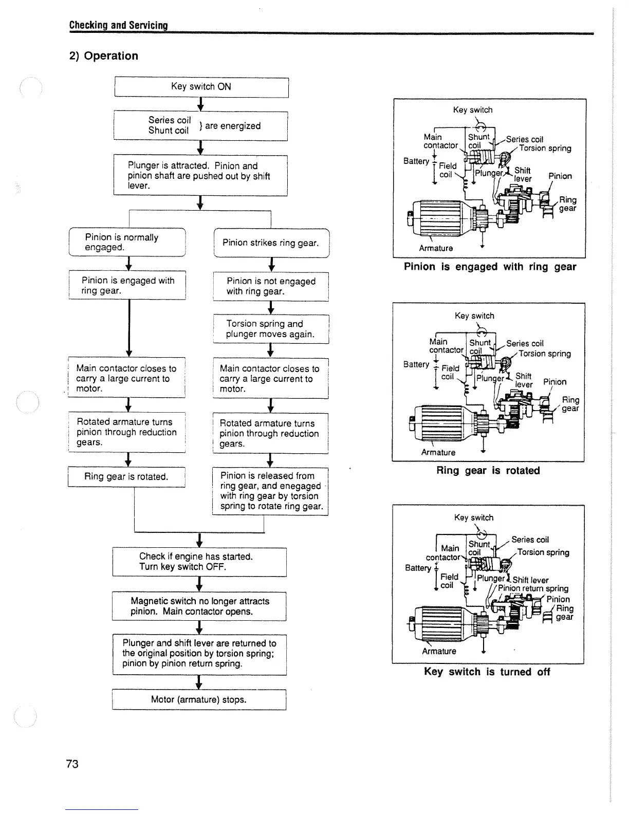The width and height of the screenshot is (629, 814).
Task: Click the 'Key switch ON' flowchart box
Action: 201,87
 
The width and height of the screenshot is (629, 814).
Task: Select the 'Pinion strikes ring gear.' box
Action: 271,243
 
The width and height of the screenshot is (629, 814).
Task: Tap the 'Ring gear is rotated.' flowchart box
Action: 126,477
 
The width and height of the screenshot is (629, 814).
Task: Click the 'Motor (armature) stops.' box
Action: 199,700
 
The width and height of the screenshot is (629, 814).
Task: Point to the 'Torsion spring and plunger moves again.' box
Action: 271,329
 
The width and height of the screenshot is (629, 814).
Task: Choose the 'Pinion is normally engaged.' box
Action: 127,242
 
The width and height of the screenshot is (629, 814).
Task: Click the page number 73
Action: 72,764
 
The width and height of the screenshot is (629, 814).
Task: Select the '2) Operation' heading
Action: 104,56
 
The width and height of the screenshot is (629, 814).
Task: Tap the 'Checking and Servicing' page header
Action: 119,25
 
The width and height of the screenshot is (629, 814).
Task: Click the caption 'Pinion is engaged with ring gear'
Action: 490,267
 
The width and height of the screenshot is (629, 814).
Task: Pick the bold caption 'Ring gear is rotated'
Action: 488,471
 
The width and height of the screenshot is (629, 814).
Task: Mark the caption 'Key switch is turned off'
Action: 487,672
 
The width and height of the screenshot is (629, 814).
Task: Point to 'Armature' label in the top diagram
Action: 436,248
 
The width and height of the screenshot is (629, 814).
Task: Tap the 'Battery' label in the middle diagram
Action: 416,364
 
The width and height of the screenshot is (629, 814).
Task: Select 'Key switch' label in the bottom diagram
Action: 473,517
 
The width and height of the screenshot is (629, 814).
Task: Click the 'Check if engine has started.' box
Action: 199,562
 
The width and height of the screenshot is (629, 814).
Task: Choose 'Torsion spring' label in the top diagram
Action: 545,149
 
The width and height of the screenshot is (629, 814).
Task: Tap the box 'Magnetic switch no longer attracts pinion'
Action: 199,606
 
